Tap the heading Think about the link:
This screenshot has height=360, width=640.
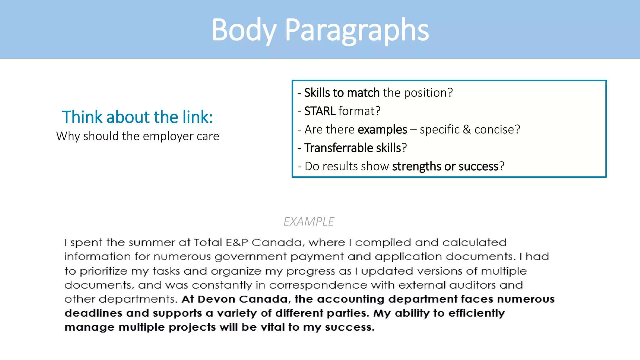(x=137, y=117)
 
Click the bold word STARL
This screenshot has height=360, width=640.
(x=319, y=111)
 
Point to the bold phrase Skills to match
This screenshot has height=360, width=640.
(x=342, y=93)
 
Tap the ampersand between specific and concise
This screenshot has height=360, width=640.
(x=467, y=129)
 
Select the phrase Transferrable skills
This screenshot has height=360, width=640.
(x=352, y=148)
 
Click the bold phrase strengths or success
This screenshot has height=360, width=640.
(x=445, y=166)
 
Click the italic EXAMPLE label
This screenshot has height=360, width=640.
(x=308, y=222)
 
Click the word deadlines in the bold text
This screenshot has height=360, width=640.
(x=93, y=313)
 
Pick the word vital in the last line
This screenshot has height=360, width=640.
(x=272, y=327)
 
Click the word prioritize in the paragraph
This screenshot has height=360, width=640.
(x=103, y=271)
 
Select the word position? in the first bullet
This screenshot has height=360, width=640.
(x=428, y=93)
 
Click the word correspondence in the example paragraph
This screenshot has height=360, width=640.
(x=318, y=285)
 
